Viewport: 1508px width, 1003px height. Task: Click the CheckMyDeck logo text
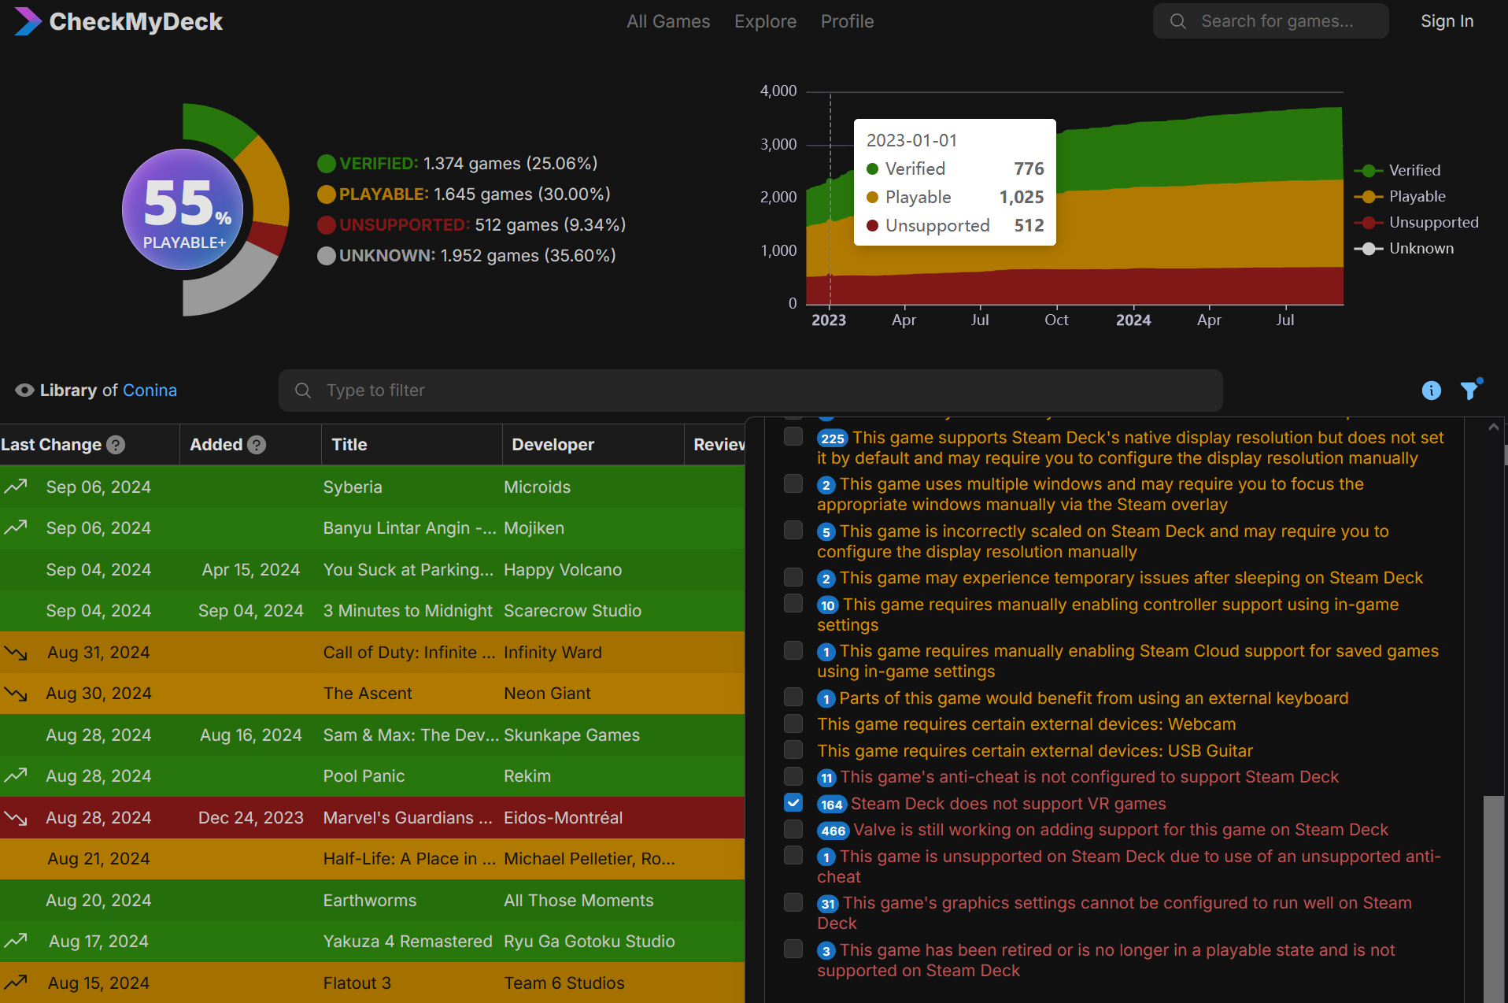(x=135, y=21)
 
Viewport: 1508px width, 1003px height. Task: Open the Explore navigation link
(x=765, y=21)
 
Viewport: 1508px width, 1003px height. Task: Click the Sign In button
(x=1447, y=21)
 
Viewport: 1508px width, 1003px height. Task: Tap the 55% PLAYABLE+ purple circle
(x=183, y=209)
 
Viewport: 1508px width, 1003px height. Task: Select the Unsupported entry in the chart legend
(x=1432, y=222)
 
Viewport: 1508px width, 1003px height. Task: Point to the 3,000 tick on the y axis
(x=778, y=144)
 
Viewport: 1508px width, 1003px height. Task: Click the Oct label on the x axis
(x=1056, y=320)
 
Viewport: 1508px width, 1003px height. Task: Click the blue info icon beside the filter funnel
(x=1431, y=390)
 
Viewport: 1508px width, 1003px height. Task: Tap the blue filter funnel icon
(x=1469, y=390)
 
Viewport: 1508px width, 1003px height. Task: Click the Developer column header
(x=553, y=445)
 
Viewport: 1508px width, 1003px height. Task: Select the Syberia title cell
(x=353, y=487)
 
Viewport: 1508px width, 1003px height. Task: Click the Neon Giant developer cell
(x=547, y=694)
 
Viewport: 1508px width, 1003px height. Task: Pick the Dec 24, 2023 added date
(x=250, y=818)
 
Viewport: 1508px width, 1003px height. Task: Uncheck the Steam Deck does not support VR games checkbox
(x=793, y=803)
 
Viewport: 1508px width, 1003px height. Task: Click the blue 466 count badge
(x=833, y=831)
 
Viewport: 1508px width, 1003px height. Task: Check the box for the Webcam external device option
(x=793, y=724)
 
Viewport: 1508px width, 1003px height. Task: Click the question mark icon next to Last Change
(x=116, y=445)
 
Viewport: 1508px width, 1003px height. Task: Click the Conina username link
(x=150, y=390)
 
